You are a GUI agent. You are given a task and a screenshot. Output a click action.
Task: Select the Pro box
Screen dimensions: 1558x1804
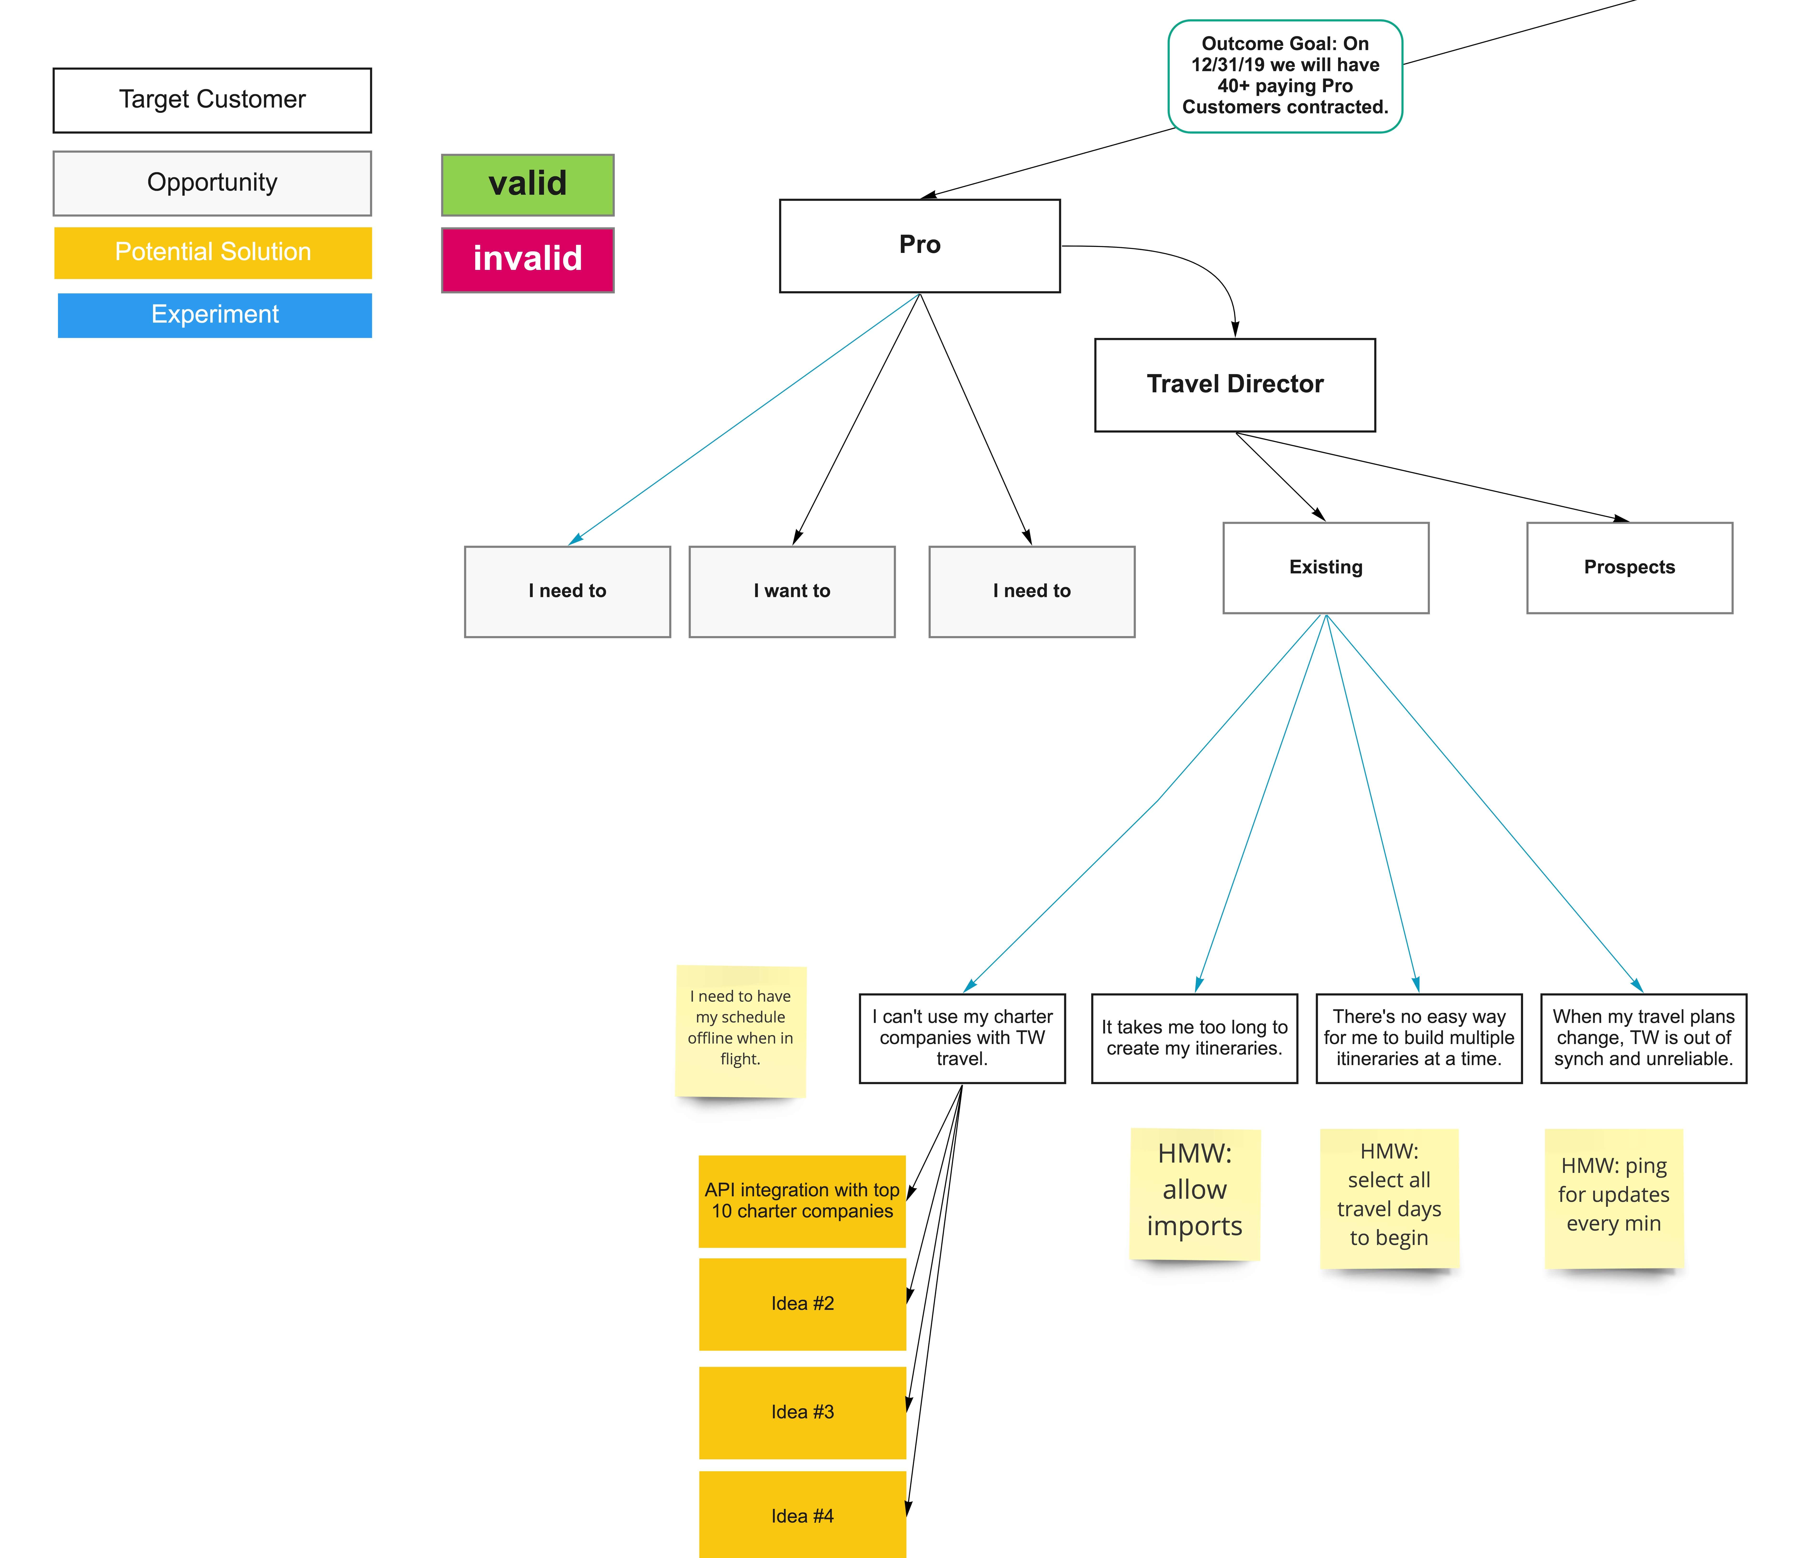pos(919,245)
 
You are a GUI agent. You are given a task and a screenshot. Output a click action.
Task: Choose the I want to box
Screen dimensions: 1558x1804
pos(791,591)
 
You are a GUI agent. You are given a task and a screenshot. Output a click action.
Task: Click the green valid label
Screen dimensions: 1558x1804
pos(528,185)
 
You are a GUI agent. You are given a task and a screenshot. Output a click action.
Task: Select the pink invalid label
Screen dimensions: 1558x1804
pos(528,260)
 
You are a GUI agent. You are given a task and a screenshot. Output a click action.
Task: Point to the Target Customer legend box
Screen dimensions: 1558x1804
pos(212,100)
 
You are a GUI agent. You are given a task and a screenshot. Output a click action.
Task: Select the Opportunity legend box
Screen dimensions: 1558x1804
pos(212,183)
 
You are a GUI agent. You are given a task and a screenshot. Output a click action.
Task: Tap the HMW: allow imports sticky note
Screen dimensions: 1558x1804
pos(1194,1191)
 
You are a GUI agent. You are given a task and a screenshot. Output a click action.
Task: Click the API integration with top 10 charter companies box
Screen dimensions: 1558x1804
pos(802,1201)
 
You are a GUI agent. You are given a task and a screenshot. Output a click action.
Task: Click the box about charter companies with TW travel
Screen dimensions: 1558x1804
pos(962,1038)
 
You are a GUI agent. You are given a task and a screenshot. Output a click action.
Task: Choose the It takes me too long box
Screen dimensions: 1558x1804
pos(1194,1038)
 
